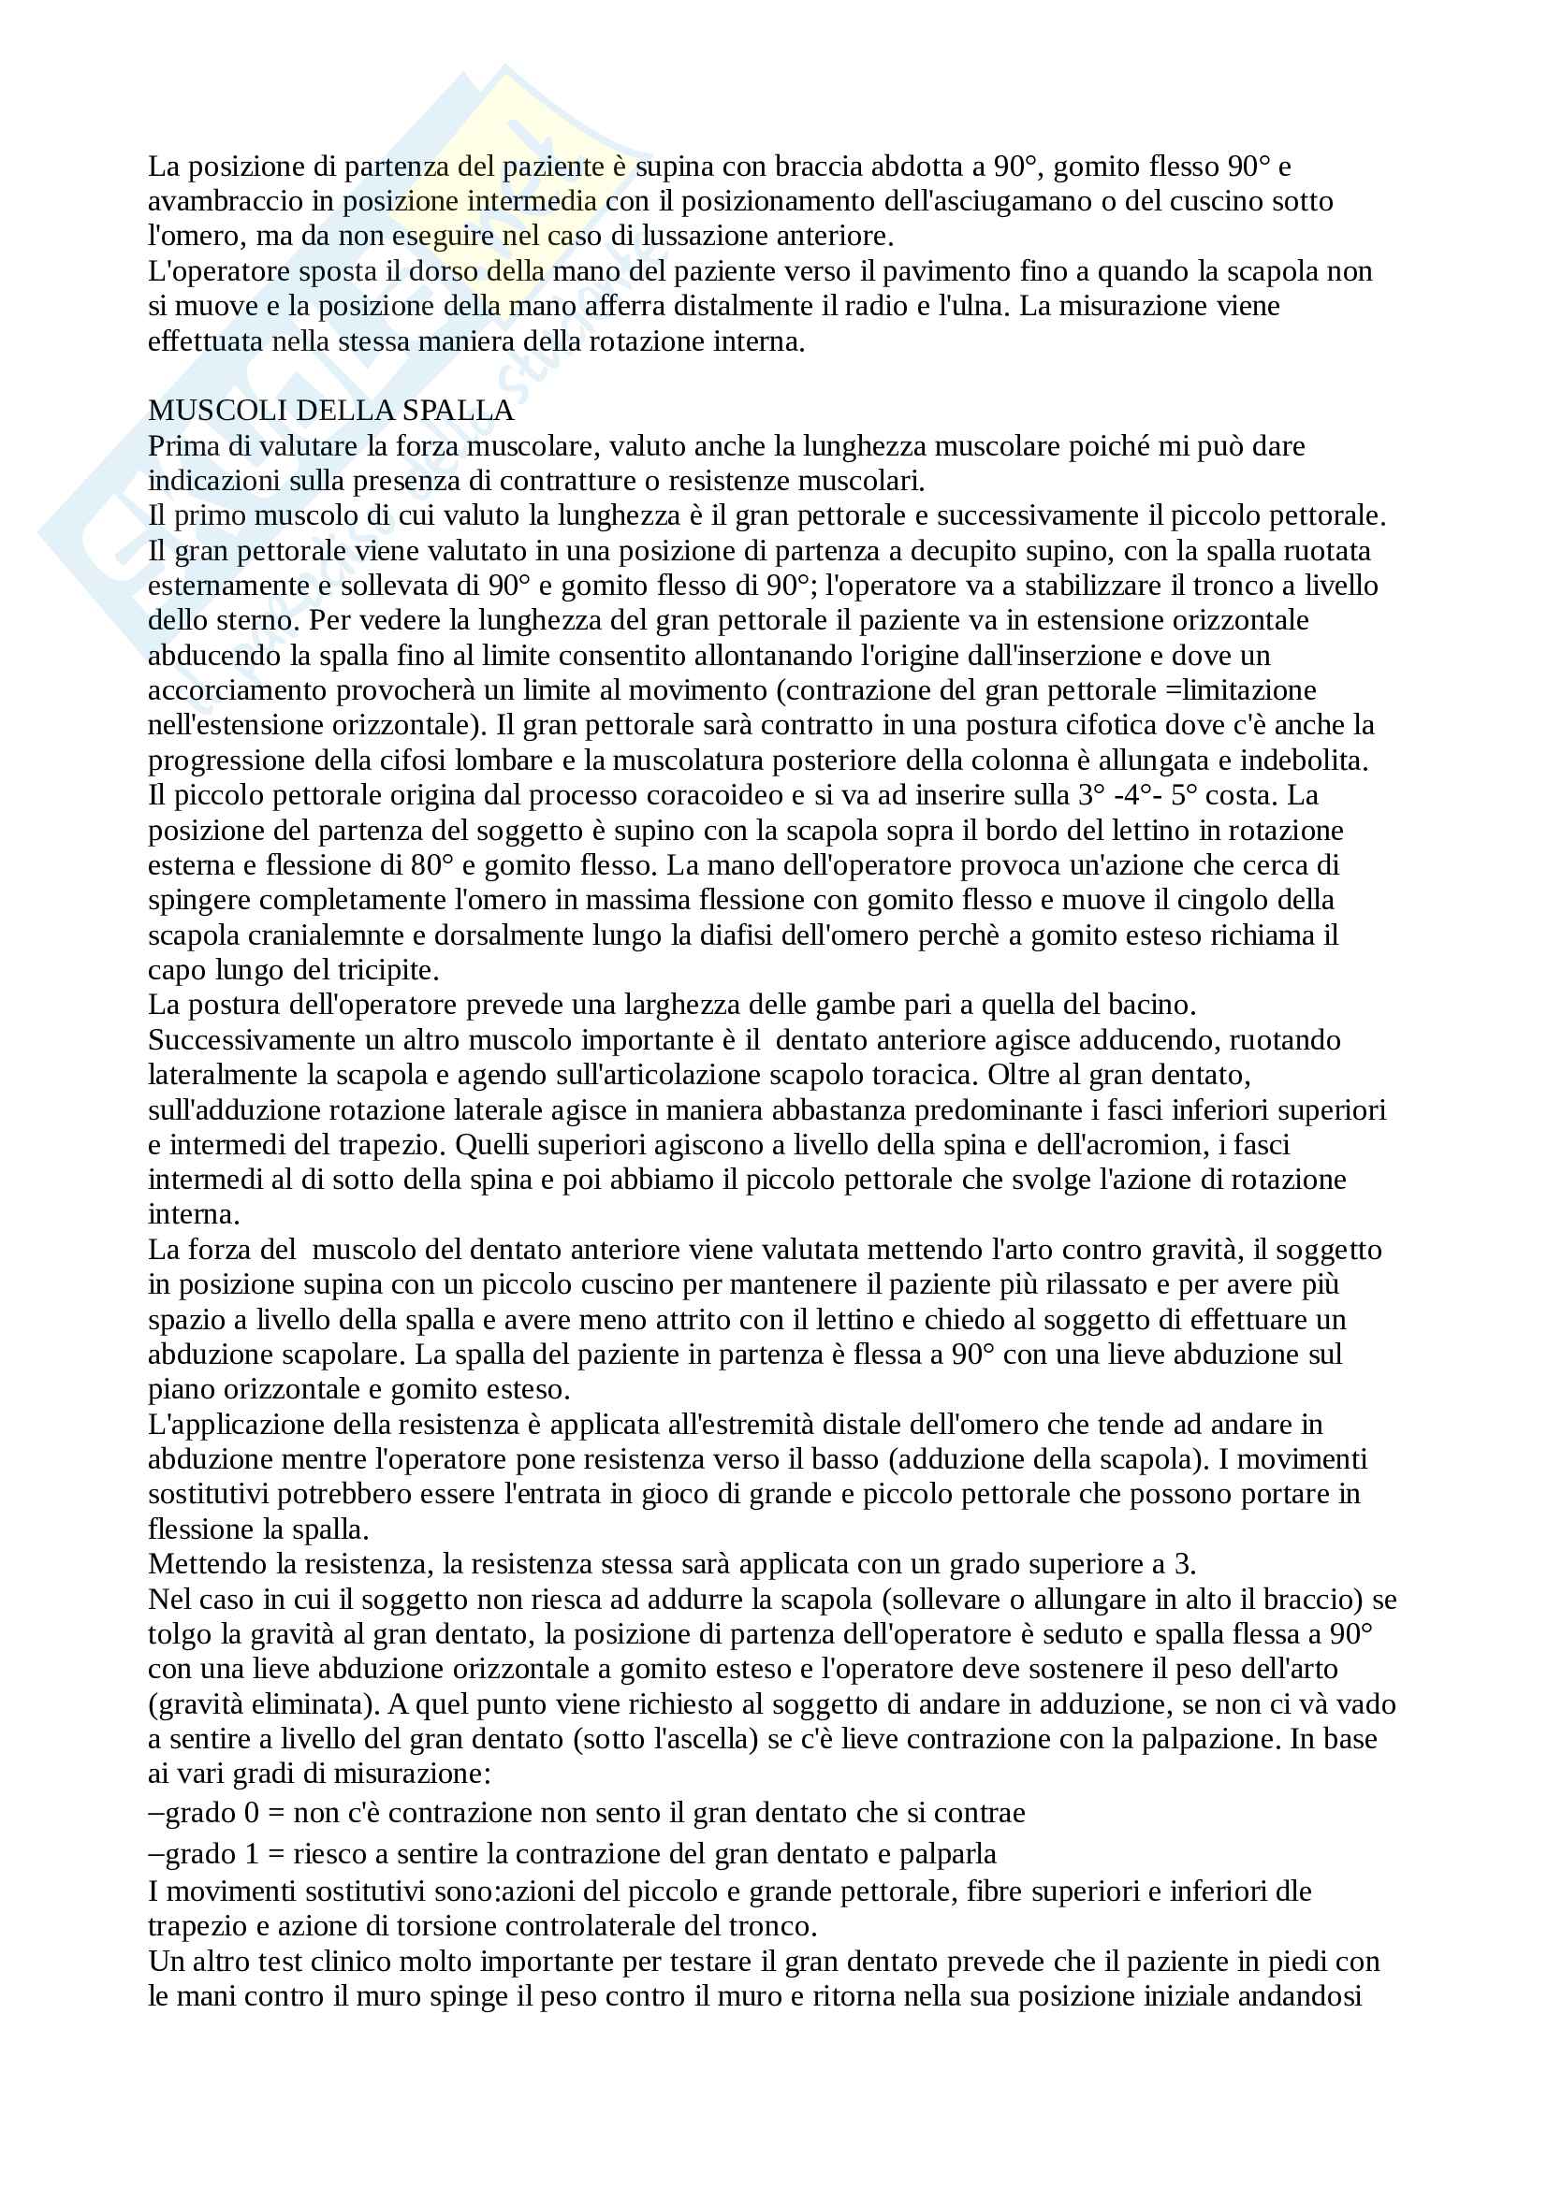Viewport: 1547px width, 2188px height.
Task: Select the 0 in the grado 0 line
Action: [x=252, y=1814]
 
